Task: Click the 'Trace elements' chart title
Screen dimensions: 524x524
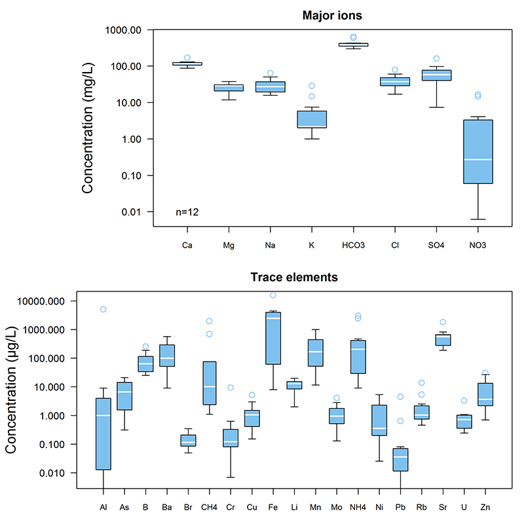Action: (294, 277)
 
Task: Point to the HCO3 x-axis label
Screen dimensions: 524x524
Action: (353, 246)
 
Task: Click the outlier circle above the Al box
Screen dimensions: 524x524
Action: (103, 309)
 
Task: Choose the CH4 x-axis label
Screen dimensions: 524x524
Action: (210, 507)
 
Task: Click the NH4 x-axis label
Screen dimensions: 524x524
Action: (358, 507)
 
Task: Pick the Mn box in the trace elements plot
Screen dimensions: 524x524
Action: (316, 353)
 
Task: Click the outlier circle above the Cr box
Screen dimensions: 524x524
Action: (231, 388)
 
